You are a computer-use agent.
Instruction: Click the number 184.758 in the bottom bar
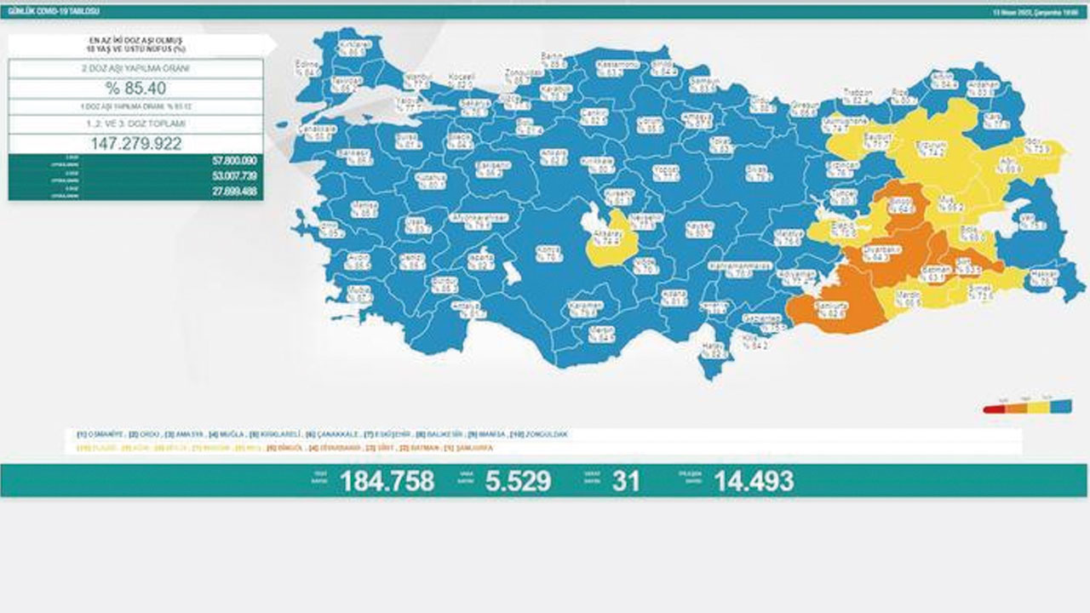pos(387,481)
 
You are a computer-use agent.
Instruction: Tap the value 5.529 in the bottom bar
pos(518,481)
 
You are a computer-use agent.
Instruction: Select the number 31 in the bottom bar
pos(625,481)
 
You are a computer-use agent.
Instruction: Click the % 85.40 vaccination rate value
pos(135,89)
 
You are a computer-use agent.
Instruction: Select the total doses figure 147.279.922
pos(135,143)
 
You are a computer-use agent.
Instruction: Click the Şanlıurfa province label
pos(832,309)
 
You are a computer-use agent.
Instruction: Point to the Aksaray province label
pos(613,236)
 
